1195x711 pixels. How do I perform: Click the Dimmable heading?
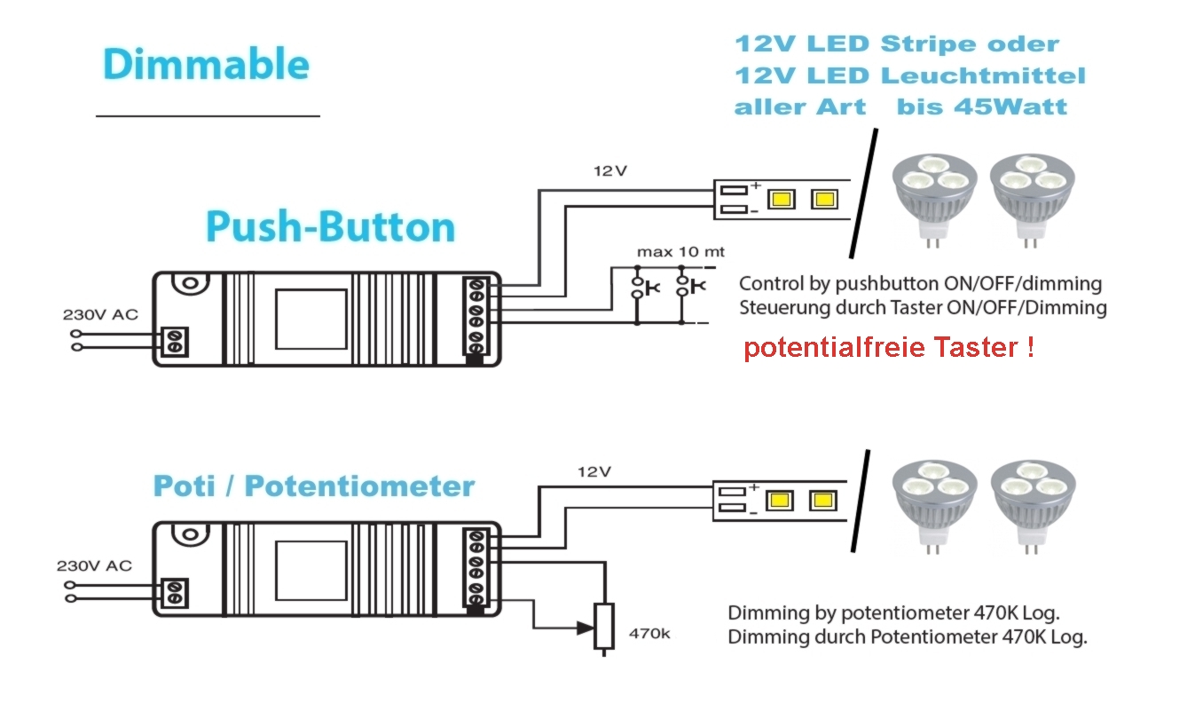[x=206, y=65]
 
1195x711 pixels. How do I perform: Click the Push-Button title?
[x=330, y=226]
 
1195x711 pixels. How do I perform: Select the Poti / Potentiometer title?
[x=314, y=486]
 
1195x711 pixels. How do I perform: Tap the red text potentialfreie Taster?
[x=888, y=347]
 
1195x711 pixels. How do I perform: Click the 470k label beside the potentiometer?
[x=649, y=634]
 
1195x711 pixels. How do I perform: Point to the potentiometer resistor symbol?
[x=604, y=626]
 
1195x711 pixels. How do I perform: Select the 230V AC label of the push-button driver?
[x=100, y=314]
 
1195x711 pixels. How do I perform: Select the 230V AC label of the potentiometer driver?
[x=94, y=565]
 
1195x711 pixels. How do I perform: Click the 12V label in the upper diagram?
[x=610, y=170]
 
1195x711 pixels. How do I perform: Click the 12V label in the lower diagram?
[x=594, y=471]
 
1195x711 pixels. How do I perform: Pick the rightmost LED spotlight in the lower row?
[x=1032, y=502]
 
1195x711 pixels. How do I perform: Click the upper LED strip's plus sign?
[x=756, y=186]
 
